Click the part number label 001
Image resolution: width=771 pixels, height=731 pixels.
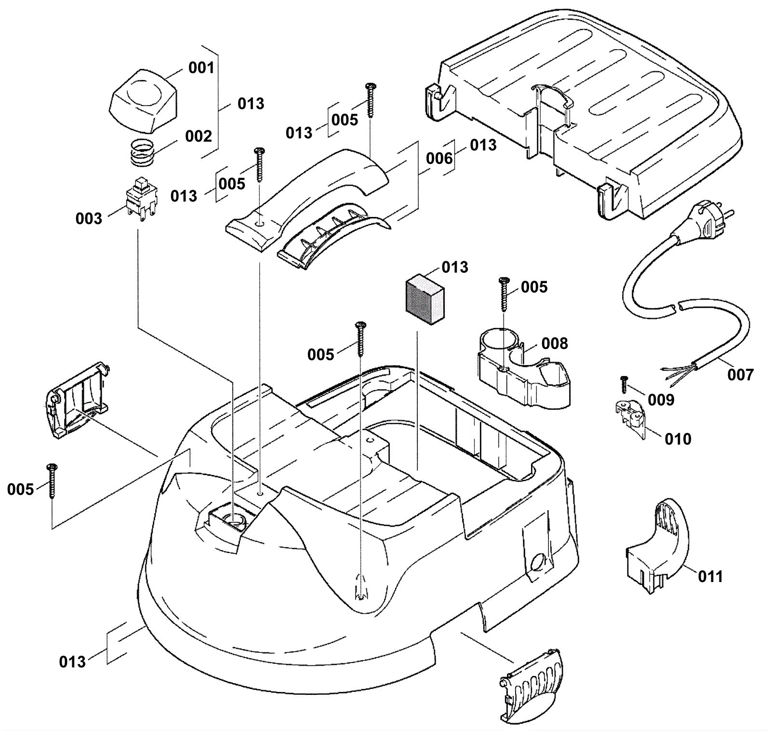[x=201, y=68]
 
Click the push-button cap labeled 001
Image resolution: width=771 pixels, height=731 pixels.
[x=143, y=100]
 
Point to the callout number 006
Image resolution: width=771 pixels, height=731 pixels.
[x=439, y=158]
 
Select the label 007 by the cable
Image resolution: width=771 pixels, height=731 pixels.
[x=740, y=375]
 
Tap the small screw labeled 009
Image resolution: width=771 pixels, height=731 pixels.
[x=624, y=384]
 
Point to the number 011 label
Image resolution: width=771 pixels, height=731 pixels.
[x=710, y=576]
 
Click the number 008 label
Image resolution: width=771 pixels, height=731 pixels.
[x=555, y=343]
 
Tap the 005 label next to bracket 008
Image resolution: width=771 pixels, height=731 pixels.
[x=534, y=287]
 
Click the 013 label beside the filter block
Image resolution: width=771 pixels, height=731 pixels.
[x=455, y=267]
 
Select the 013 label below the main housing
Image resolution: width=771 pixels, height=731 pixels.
[x=72, y=662]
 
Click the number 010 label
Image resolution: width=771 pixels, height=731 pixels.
[x=678, y=439]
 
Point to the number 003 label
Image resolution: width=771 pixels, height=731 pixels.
[x=89, y=218]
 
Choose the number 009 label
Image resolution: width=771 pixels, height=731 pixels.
[x=661, y=399]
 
